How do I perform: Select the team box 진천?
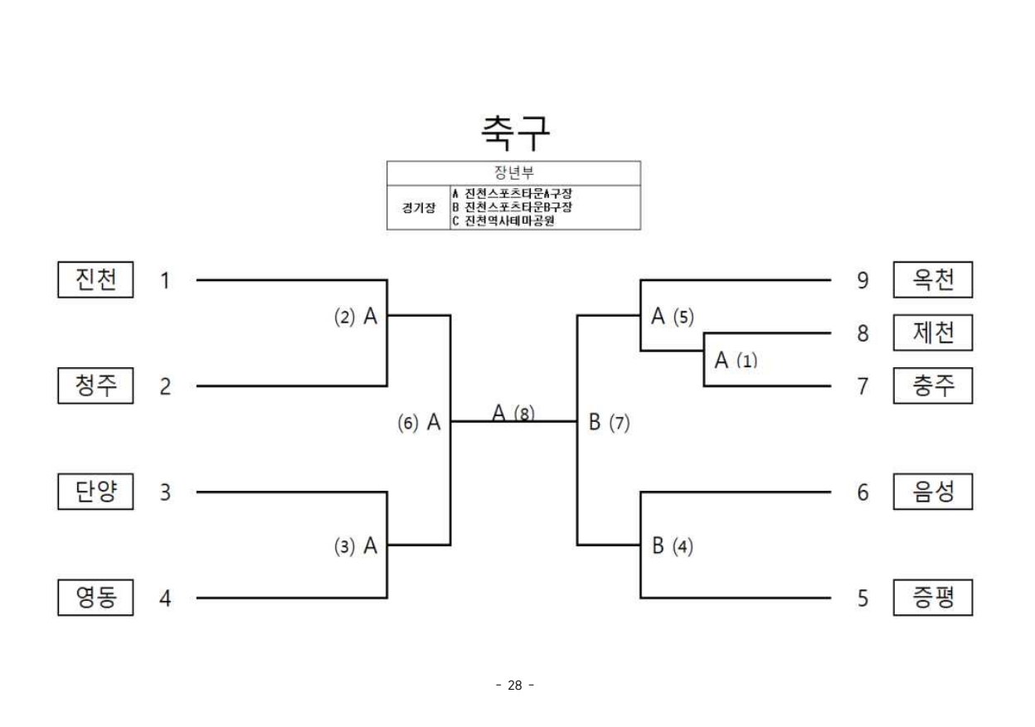(x=95, y=280)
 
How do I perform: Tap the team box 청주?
(x=95, y=385)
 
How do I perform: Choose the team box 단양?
(x=95, y=492)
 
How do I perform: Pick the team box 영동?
(x=95, y=598)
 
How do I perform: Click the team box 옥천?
(x=932, y=280)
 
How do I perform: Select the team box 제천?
(x=932, y=333)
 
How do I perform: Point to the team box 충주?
(x=932, y=385)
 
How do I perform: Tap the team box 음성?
(x=932, y=492)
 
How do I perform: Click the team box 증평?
(x=932, y=598)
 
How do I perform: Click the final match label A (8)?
(x=513, y=413)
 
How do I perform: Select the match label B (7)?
(x=610, y=423)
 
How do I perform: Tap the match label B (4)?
(x=673, y=546)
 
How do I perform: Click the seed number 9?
(x=862, y=281)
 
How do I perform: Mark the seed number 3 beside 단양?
(x=166, y=492)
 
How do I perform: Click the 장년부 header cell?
(x=514, y=172)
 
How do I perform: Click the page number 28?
(x=514, y=685)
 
